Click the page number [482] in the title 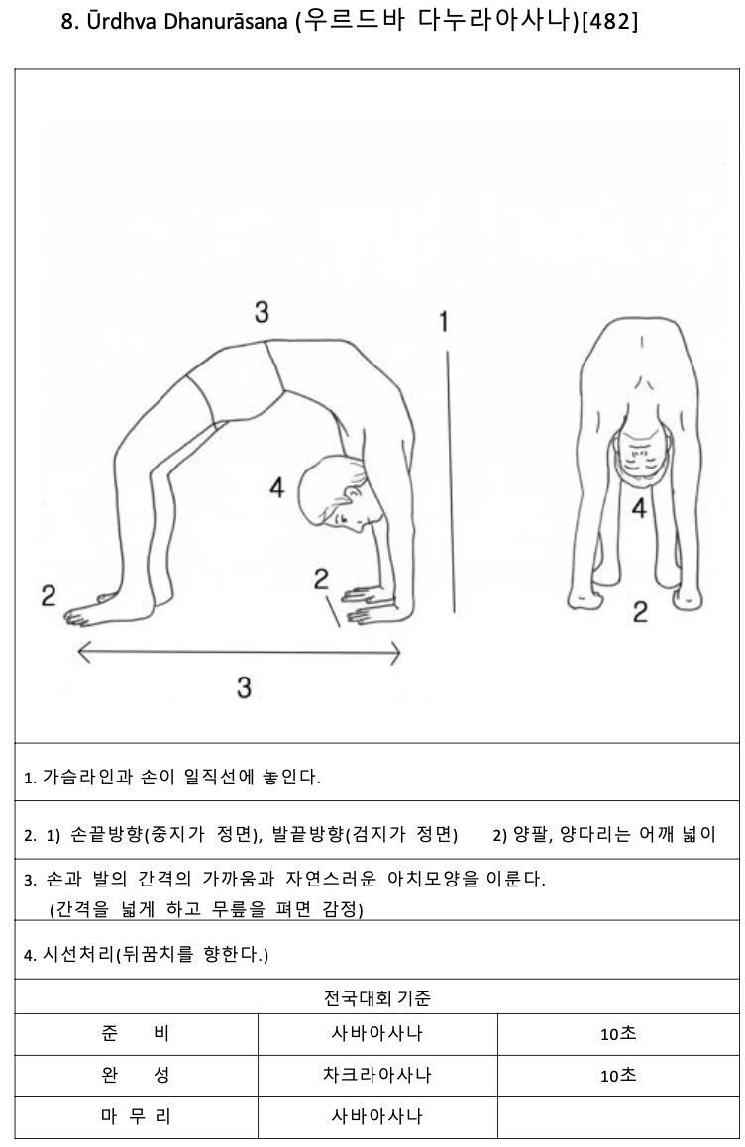(609, 21)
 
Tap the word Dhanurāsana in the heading (225, 21)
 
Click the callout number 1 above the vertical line (444, 320)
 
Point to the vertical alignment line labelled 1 (450, 481)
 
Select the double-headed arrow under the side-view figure (239, 651)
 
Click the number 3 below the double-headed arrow (244, 686)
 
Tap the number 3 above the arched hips (262, 312)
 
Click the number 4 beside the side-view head (276, 487)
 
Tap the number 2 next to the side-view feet (49, 595)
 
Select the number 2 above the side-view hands (321, 578)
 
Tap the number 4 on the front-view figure (639, 508)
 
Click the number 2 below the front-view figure (640, 611)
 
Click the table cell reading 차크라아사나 (376, 1075)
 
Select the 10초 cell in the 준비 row (618, 1034)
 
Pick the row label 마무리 (136, 1116)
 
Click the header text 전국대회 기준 (376, 997)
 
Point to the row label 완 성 (136, 1075)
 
